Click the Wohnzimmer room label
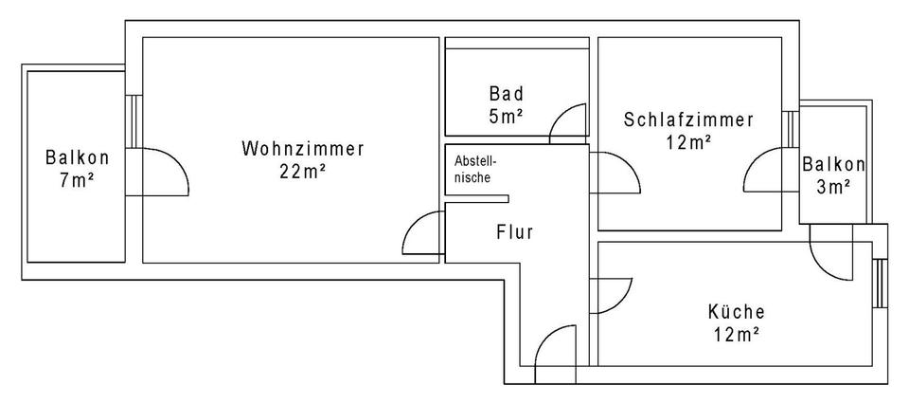(x=303, y=149)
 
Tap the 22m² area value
(x=303, y=172)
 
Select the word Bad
(x=507, y=94)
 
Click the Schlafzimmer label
(x=688, y=120)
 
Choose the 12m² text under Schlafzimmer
(x=688, y=142)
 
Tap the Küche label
(x=736, y=311)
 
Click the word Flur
(x=515, y=230)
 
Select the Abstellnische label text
(x=474, y=169)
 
